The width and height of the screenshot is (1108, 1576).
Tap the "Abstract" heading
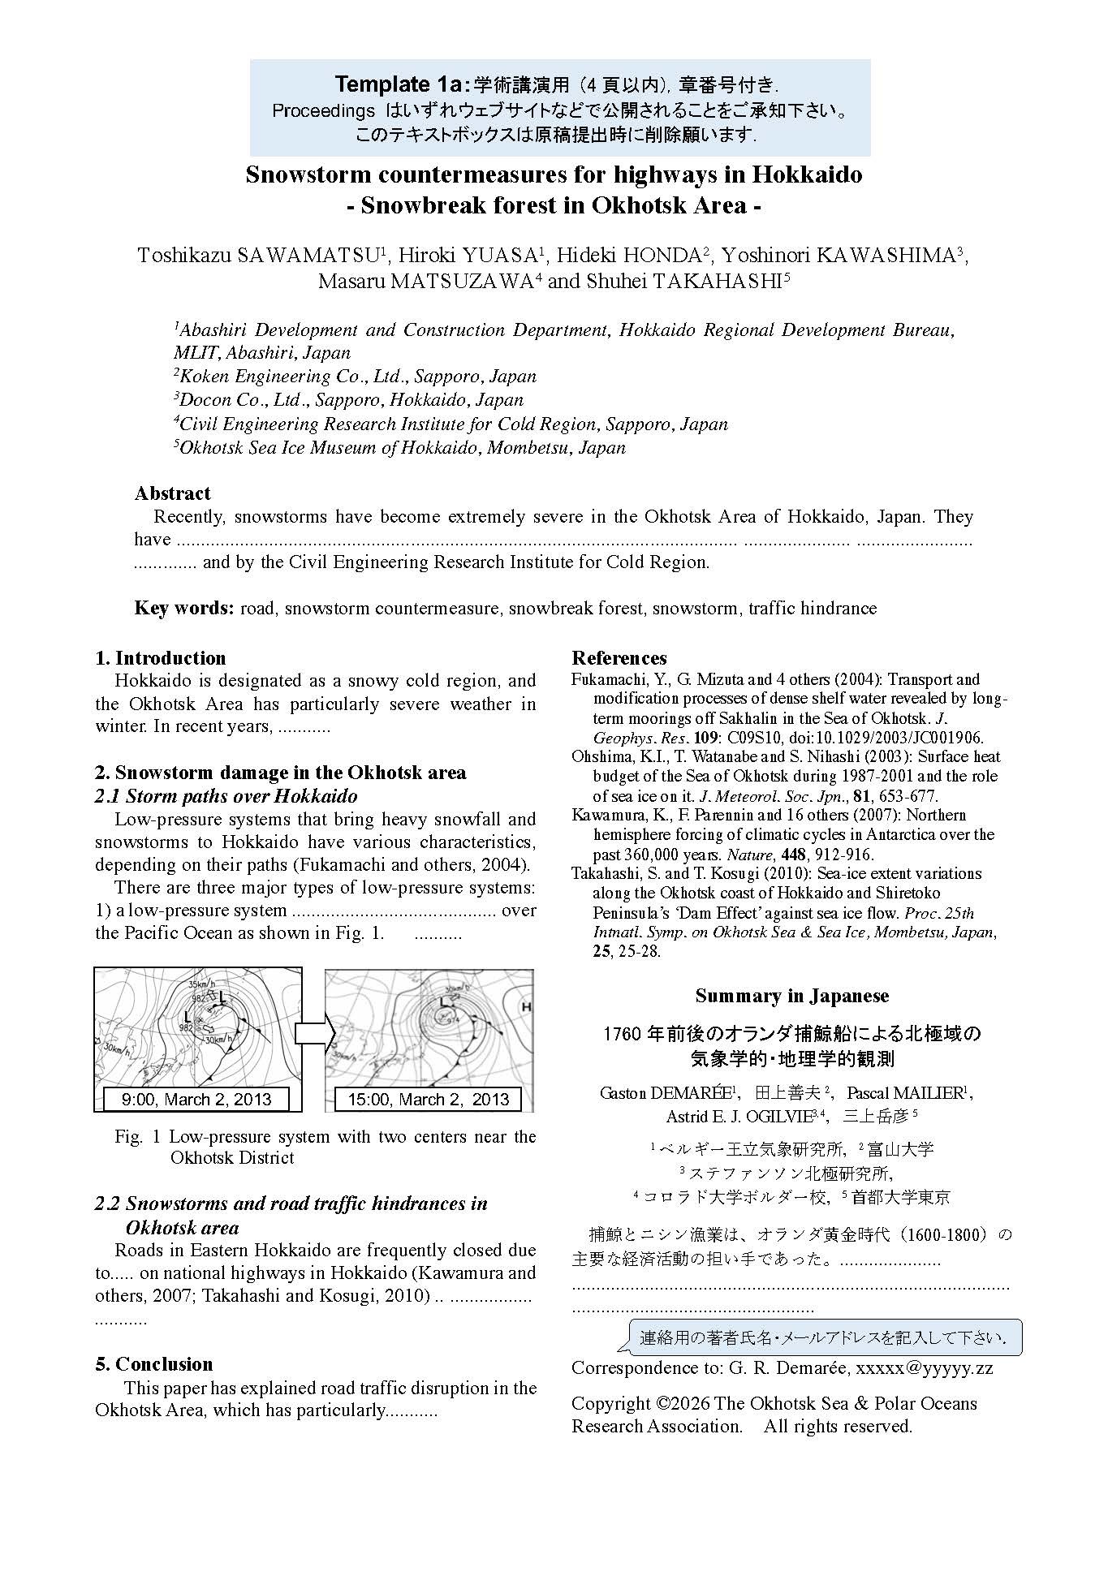pos(172,493)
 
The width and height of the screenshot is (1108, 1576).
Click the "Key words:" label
pos(184,608)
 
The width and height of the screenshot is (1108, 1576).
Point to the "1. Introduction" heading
pos(161,658)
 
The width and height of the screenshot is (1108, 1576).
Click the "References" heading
pos(619,658)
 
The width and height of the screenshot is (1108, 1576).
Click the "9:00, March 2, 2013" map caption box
pos(196,1100)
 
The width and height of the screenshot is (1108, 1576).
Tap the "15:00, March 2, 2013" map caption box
pos(429,1100)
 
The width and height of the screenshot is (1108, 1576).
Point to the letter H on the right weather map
pos(526,1007)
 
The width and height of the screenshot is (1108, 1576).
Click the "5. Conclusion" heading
pos(154,1364)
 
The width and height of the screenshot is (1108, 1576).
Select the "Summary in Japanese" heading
pos(791,996)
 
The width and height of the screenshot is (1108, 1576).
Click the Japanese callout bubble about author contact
pos(825,1338)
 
